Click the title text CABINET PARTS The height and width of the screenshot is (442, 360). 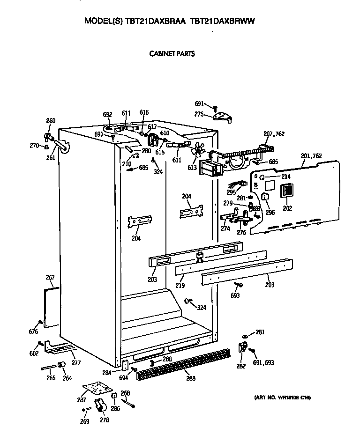tap(172, 54)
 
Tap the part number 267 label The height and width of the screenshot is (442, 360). tap(50, 278)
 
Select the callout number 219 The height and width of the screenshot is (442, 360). tap(180, 286)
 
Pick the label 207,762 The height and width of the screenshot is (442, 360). tap(274, 134)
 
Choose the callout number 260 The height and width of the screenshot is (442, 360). tap(50, 121)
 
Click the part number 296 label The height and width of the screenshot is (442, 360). tap(269, 212)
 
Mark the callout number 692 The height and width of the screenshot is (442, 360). tap(107, 114)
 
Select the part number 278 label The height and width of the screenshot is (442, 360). tap(104, 420)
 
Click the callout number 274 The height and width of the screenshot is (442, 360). tap(225, 229)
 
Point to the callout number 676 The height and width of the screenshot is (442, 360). tap(33, 332)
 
